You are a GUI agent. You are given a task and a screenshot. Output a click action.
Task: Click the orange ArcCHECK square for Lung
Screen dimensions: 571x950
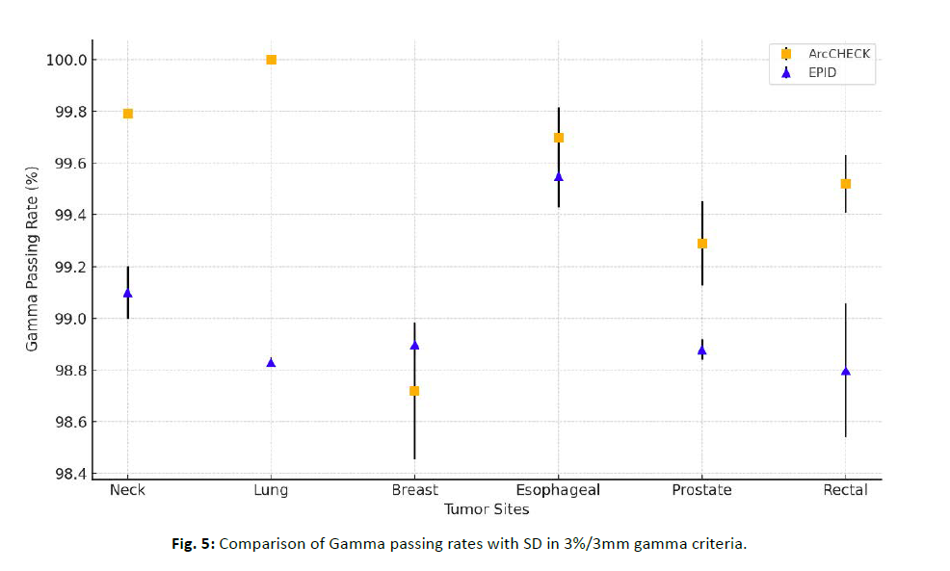pos(271,60)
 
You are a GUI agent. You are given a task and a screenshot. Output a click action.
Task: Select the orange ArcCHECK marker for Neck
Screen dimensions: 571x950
pos(127,114)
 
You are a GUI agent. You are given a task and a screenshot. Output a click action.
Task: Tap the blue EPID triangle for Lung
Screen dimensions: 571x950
pos(271,363)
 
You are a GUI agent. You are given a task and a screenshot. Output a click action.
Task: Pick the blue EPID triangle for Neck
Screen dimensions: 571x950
pos(127,293)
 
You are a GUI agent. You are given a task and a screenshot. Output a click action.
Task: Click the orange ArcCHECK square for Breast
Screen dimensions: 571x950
pos(414,391)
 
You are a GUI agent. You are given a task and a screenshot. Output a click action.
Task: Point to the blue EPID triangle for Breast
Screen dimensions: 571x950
pos(414,345)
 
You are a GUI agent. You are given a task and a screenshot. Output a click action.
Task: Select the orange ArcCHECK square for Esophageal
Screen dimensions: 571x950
pos(558,138)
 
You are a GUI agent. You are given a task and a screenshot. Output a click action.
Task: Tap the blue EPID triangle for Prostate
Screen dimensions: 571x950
pos(701,350)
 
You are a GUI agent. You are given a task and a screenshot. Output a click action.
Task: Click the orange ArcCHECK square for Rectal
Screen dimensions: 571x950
pos(845,184)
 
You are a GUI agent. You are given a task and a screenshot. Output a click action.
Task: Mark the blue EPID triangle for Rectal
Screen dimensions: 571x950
pos(845,371)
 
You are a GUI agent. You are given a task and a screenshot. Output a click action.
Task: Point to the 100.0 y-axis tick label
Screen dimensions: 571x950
pos(66,60)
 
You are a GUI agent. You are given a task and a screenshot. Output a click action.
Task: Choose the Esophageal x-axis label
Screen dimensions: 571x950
pos(558,490)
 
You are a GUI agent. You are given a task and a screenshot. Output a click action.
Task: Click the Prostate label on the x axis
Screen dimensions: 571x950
pos(701,490)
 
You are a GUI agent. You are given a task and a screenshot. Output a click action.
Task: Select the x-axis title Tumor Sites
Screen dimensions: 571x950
pos(486,508)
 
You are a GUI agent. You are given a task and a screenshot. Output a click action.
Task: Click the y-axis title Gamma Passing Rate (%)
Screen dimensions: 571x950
pos(33,260)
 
